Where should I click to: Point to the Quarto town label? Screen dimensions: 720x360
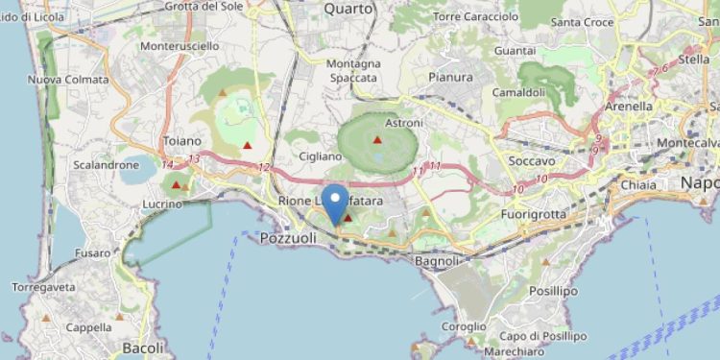348,9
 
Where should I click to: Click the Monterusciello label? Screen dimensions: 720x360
179,46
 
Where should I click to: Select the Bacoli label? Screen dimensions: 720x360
144,347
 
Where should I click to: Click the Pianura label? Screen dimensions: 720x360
450,77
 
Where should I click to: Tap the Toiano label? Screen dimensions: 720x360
182,141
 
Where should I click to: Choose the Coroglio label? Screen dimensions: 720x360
465,326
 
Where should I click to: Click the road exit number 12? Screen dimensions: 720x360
264,167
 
